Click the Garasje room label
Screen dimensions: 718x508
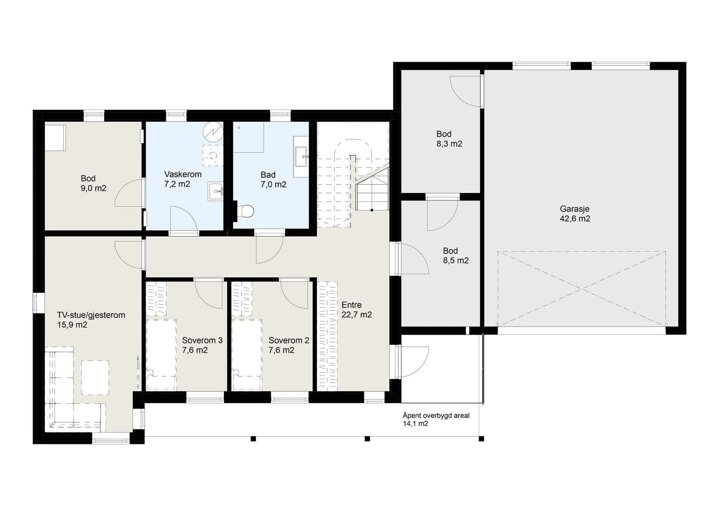pos(574,209)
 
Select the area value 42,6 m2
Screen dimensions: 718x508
pos(575,219)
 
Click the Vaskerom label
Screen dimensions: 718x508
pos(183,174)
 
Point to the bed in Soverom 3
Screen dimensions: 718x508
pos(161,354)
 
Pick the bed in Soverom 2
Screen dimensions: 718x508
pos(247,354)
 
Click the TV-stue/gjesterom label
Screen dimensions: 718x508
pos(91,315)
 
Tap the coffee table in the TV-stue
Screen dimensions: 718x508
pos(95,377)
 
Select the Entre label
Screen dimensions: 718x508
pos(352,305)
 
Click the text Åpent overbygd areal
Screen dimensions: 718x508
pos(436,416)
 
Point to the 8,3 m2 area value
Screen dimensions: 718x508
pos(449,144)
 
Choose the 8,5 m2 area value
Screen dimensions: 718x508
pos(456,261)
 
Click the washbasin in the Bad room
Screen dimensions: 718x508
pos(301,156)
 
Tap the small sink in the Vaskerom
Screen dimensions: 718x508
pos(215,192)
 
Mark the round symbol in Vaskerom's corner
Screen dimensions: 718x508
pos(213,132)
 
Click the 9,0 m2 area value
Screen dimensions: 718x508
pos(93,188)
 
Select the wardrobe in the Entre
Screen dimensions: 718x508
pos(327,336)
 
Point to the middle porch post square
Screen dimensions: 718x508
pos(367,439)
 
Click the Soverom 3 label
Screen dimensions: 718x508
pos(202,340)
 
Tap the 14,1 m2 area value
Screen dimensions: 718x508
pos(415,424)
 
